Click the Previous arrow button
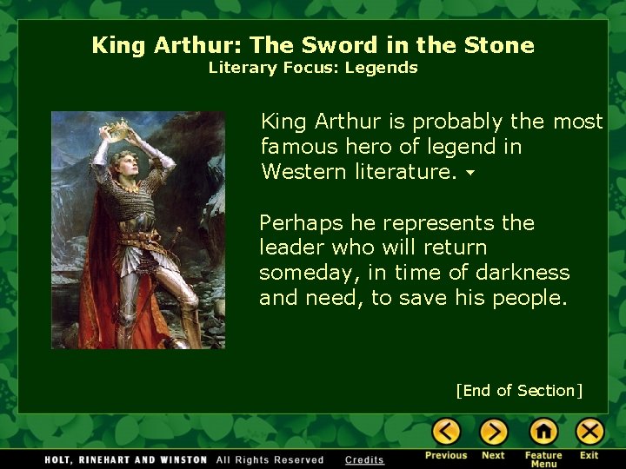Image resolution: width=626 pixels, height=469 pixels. point(446,432)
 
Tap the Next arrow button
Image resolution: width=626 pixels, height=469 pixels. point(493,432)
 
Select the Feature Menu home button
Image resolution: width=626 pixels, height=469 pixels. point(543,432)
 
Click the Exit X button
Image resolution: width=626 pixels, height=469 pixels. point(589,432)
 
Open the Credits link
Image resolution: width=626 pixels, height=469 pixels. point(364,459)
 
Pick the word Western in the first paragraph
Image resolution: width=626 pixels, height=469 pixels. point(304,171)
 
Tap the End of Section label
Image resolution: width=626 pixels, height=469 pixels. point(519,391)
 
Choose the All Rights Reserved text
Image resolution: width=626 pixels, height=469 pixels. point(270,459)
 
